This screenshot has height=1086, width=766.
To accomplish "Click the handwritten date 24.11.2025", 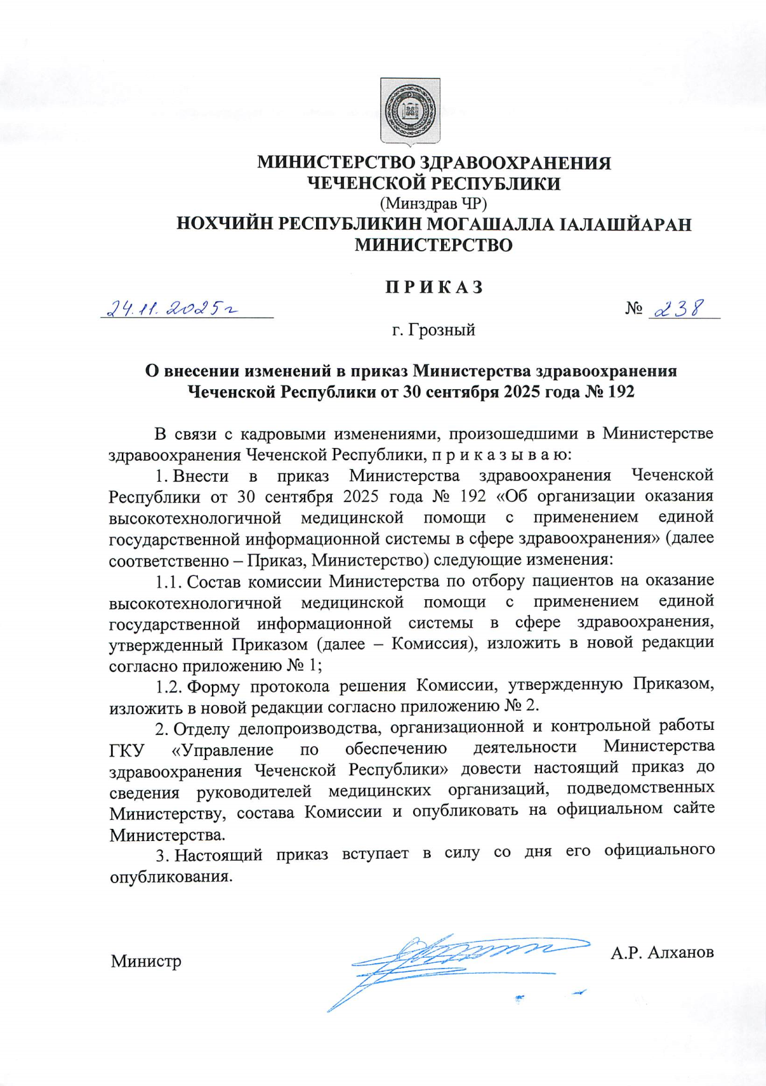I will coord(172,309).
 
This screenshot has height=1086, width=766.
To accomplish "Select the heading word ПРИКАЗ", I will coord(434,287).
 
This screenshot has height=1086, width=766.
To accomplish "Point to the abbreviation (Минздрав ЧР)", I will coord(433,204).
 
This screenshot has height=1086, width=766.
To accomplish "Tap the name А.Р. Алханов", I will coord(662,953).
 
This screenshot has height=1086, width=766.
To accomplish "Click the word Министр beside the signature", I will coord(146,961).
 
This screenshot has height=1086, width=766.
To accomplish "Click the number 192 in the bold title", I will coord(620,391).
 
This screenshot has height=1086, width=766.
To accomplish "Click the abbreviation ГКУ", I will coord(126,750).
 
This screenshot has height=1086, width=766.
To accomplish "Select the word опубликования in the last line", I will coord(171,876).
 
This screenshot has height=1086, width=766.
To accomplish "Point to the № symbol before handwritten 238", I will coord(634,309).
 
